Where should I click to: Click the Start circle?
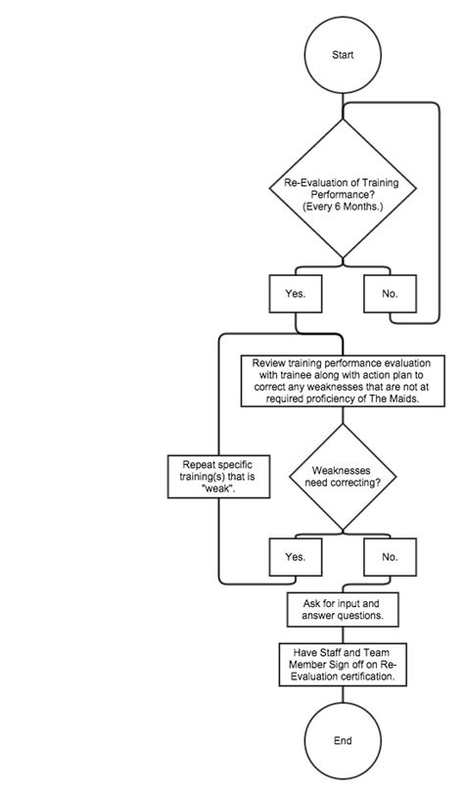[343, 56]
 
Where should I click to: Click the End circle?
[343, 741]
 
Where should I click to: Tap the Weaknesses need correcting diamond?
[343, 477]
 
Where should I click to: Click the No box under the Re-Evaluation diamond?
[390, 293]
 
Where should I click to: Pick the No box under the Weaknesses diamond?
[390, 556]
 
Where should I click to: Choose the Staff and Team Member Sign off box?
[343, 664]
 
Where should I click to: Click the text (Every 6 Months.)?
[343, 208]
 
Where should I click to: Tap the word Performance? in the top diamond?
[343, 195]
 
